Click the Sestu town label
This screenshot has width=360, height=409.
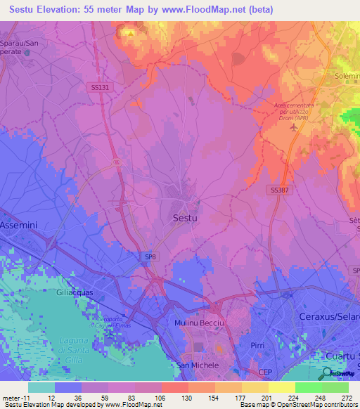(x=185, y=219)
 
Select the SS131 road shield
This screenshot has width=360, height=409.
(x=100, y=87)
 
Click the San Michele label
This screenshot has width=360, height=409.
(x=198, y=365)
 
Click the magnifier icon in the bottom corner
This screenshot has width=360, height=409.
(x=328, y=373)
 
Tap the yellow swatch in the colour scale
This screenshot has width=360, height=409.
(x=281, y=387)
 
